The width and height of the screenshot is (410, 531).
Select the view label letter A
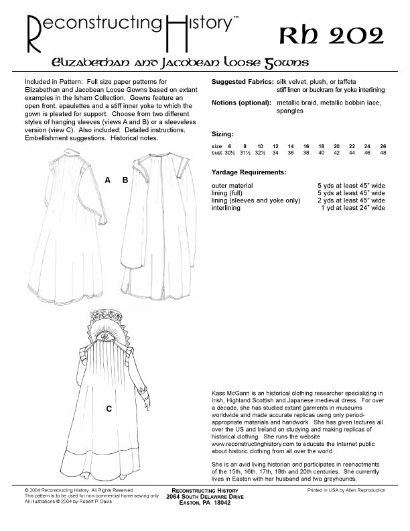(107, 180)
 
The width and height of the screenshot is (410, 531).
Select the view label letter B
(125, 180)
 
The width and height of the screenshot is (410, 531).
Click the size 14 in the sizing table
(291, 145)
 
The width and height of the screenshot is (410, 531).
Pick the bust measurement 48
(383, 153)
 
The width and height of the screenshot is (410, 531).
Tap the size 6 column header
(229, 145)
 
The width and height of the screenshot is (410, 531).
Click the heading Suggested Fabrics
(242, 81)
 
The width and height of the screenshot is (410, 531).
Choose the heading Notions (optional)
(241, 102)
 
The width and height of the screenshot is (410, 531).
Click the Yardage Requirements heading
(249, 172)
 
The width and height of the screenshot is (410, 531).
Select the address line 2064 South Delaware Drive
(204, 495)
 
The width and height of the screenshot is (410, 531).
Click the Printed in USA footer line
(346, 490)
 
